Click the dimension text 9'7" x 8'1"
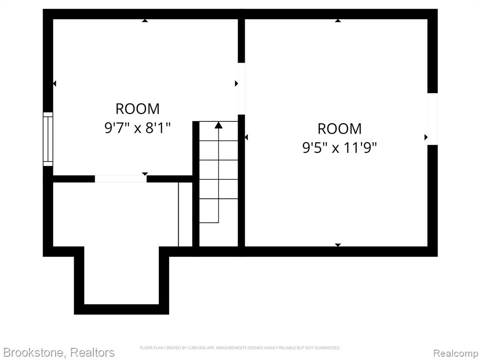(137, 127)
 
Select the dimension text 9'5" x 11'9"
(339, 148)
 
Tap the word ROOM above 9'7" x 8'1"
(137, 109)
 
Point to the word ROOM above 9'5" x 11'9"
(339, 129)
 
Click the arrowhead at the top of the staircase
(218, 125)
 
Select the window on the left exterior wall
(48, 139)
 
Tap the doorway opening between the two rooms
(241, 89)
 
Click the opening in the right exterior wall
(433, 119)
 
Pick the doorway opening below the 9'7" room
(120, 179)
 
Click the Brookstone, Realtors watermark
(59, 352)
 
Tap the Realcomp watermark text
(456, 353)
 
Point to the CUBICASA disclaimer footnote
(240, 348)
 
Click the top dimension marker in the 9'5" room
(337, 21)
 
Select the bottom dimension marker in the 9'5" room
(337, 245)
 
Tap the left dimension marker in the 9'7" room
(54, 83)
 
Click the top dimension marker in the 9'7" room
(145, 21)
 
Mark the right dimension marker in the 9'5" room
(426, 137)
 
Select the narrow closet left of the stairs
(185, 214)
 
